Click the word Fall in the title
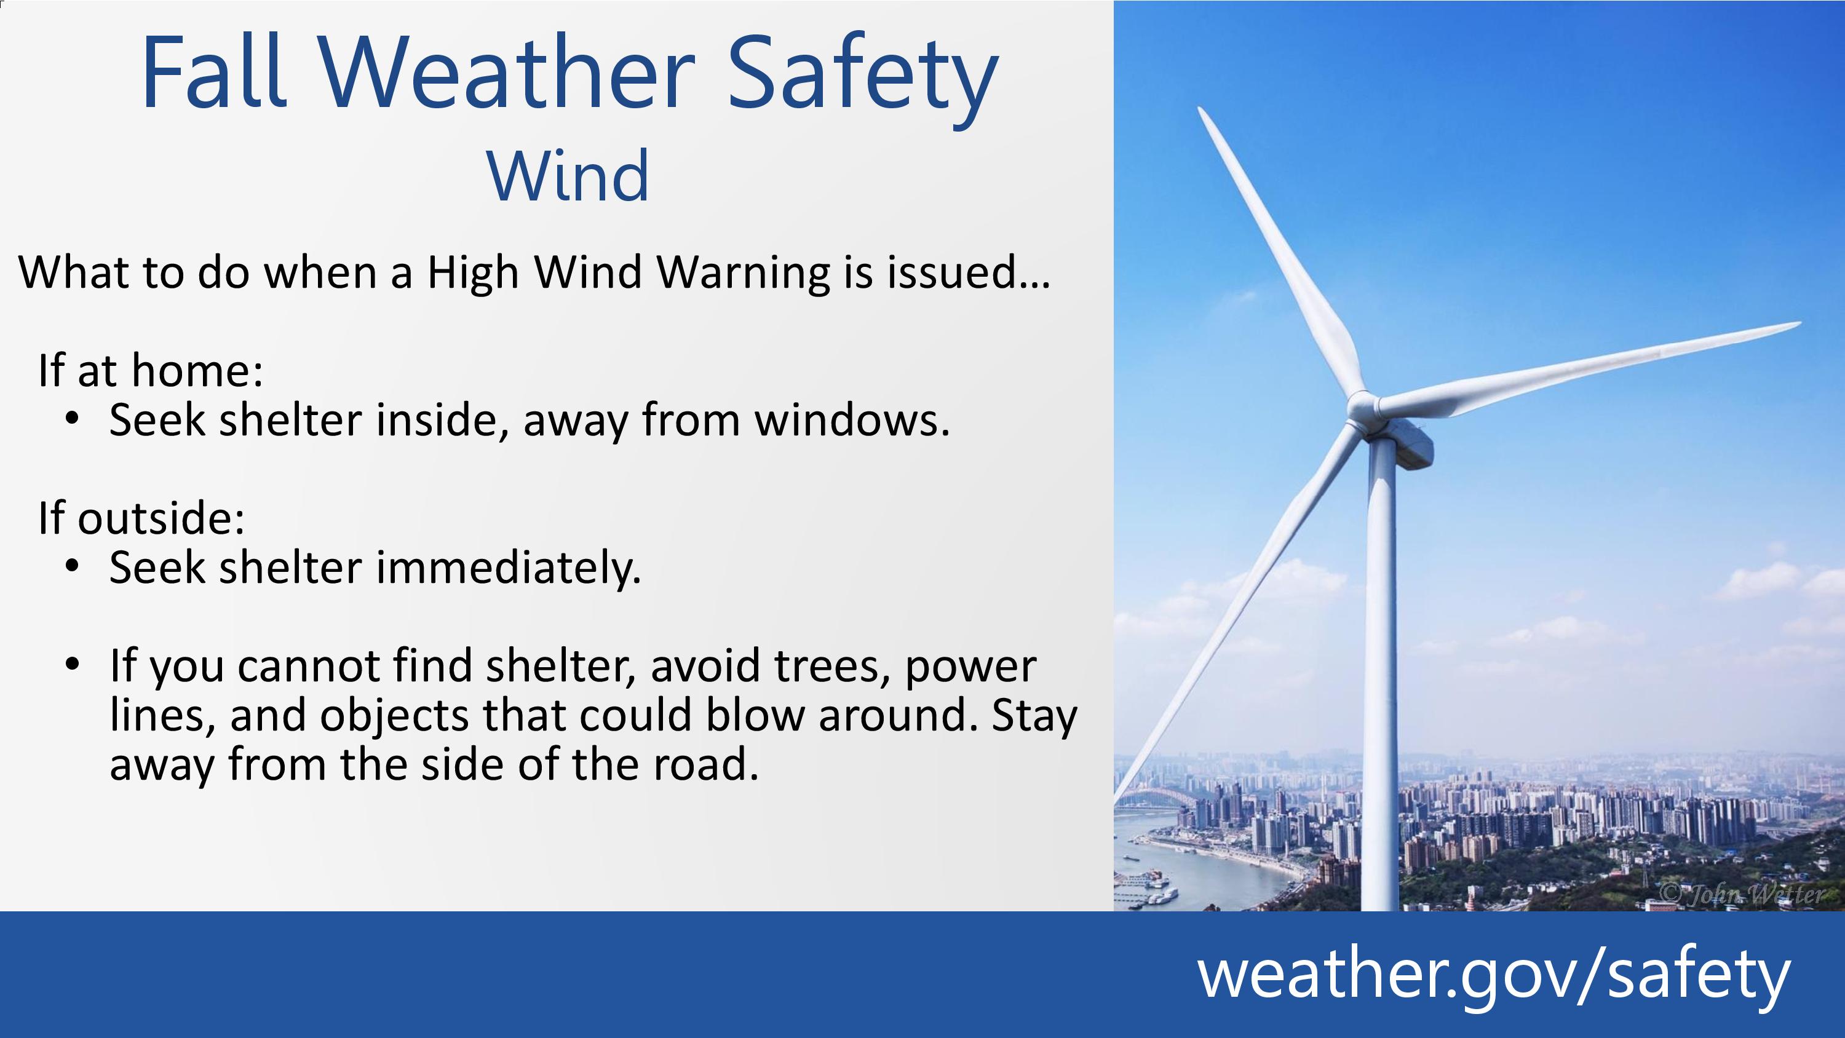(x=214, y=71)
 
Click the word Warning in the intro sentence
(x=743, y=274)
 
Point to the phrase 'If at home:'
(x=151, y=370)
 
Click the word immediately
(x=508, y=569)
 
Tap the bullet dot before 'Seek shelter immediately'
(x=71, y=566)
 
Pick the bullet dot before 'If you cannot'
(x=71, y=664)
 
